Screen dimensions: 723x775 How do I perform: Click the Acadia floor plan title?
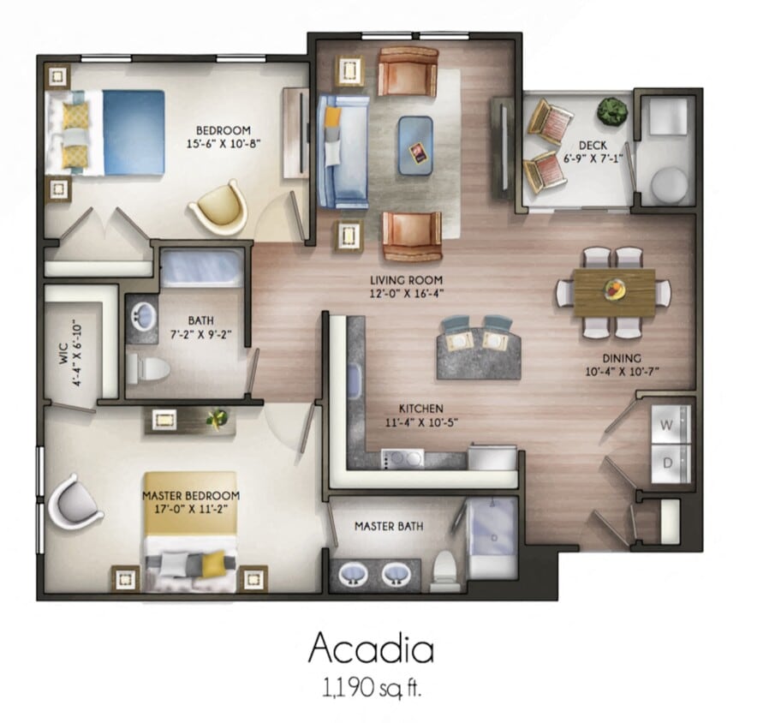[x=371, y=648]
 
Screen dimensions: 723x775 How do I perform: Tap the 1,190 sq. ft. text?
[x=371, y=688]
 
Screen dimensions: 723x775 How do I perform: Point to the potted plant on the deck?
[x=611, y=111]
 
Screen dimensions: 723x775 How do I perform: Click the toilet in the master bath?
[x=444, y=569]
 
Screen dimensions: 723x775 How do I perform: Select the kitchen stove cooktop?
[x=402, y=458]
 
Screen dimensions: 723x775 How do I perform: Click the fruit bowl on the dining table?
[x=614, y=290]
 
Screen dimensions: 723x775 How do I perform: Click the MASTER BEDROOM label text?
[x=190, y=502]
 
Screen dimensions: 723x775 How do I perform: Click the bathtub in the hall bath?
[x=201, y=268]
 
